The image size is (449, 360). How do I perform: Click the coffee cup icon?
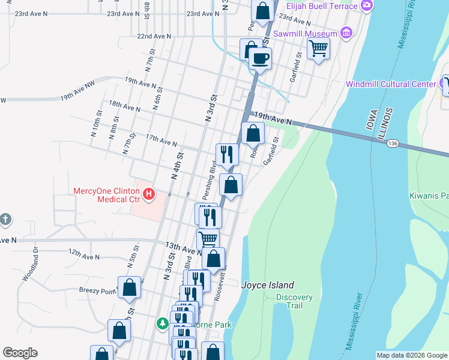click(260, 59)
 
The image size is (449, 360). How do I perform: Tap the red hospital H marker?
click(148, 195)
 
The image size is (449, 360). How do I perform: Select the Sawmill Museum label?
click(306, 34)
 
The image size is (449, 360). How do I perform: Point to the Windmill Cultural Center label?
click(390, 84)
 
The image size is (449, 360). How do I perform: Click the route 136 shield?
click(393, 143)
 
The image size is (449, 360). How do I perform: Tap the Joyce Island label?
click(268, 286)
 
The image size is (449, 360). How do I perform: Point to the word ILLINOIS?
click(389, 125)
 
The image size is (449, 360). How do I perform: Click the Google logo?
click(20, 353)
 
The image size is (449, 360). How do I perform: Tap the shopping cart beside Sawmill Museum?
click(318, 48)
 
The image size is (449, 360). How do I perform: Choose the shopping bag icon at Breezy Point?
click(129, 287)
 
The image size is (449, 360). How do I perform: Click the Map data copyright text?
click(411, 355)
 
